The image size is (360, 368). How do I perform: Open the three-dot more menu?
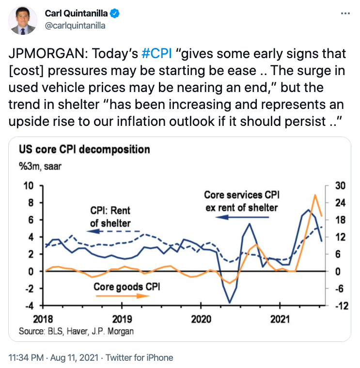[345, 14]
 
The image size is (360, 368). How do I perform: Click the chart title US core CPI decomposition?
[84, 150]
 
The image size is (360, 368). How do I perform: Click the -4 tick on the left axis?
[30, 306]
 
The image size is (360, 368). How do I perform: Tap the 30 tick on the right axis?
[340, 185]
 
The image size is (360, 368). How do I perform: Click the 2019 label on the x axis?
[122, 319]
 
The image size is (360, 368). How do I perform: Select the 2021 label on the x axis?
[280, 319]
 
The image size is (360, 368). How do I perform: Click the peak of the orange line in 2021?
[315, 195]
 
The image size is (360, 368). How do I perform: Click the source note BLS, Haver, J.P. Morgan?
[76, 332]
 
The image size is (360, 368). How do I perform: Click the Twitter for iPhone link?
[140, 358]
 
